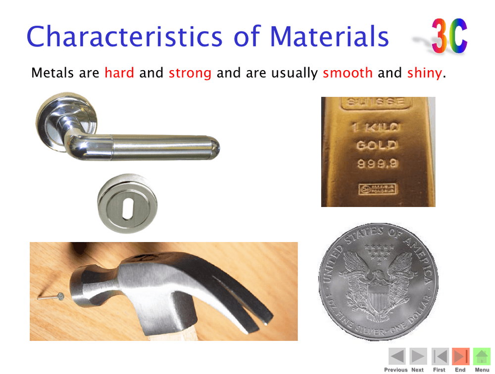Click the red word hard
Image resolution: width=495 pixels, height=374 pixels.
point(119,73)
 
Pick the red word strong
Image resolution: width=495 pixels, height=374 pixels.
point(190,73)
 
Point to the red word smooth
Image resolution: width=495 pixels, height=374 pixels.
point(347,73)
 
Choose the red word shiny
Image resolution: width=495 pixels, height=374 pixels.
point(424,73)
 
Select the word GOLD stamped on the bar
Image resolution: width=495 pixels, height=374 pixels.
point(377,146)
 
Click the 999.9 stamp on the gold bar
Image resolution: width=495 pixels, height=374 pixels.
point(378,165)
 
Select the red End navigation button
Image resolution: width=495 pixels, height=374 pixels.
point(460,357)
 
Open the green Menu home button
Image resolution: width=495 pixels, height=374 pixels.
point(482,357)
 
